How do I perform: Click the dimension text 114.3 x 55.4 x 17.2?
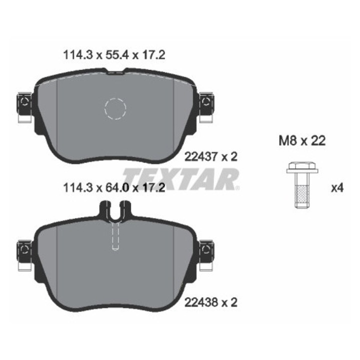114,55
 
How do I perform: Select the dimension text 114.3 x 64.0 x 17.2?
114,188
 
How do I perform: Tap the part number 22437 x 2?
211,157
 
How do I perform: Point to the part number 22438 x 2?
211,302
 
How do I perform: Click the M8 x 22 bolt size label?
302,140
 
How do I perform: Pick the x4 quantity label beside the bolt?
337,188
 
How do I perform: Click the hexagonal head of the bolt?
302,165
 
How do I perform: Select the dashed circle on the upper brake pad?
115,109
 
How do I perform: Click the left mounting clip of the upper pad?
24,107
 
